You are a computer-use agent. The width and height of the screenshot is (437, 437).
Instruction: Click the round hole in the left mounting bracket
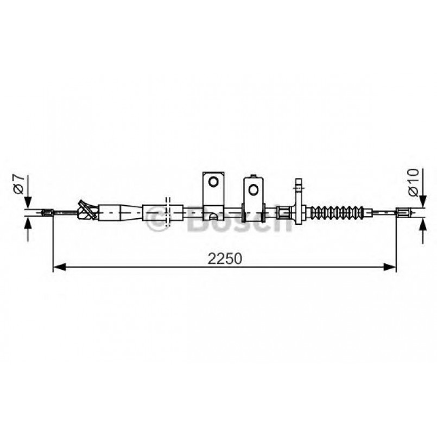tap(213, 181)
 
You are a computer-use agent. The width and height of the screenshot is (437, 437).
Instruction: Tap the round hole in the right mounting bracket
tap(253, 189)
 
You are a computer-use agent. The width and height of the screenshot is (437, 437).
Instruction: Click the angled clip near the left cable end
tap(86, 210)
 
